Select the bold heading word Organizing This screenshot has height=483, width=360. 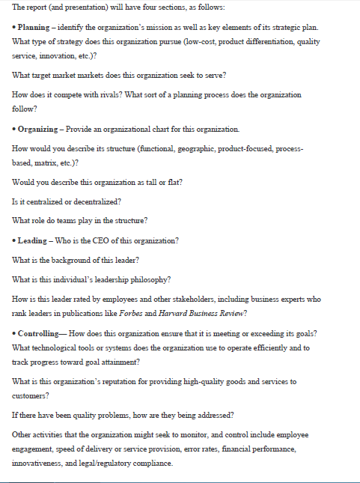39,129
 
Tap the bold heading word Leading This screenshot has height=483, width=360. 34,261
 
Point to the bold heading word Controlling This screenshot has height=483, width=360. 41,331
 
